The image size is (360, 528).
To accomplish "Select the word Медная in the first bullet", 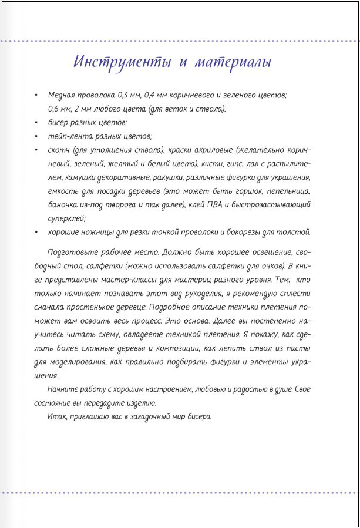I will click(63, 95).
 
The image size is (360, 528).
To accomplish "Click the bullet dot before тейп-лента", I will click(38, 136).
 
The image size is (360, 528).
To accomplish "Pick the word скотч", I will click(60, 150).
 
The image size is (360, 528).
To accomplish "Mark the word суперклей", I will click(68, 218).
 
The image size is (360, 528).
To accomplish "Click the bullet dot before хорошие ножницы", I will click(38, 232).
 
